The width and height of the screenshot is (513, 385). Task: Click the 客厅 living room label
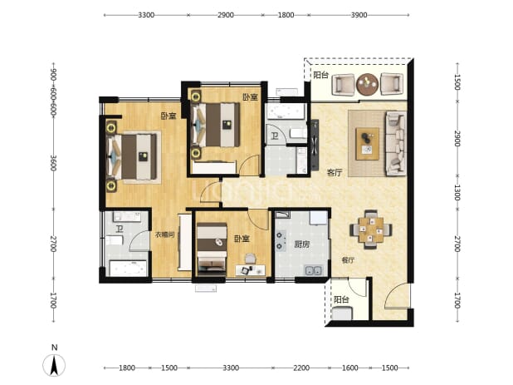pos(335,173)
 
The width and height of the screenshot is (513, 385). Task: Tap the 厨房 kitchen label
pos(301,244)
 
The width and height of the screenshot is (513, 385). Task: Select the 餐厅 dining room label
pos(348,260)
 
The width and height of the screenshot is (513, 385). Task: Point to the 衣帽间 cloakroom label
pos(165,234)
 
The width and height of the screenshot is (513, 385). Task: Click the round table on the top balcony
pos(367,84)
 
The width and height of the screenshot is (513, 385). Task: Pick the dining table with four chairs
pos(371,230)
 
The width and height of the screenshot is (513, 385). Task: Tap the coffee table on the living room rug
pos(368,144)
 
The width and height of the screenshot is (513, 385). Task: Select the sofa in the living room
pos(396,143)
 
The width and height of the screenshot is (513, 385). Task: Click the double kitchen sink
pos(314,270)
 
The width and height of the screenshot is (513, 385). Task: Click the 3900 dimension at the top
pos(359,15)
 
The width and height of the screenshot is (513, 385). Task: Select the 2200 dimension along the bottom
pos(301,368)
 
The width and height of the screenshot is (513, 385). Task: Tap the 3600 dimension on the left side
pos(54,163)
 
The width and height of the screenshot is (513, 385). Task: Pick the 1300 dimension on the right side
pos(457,192)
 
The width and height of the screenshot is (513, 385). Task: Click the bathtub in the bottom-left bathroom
pos(128,268)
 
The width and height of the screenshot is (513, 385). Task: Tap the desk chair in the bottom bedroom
pos(251,259)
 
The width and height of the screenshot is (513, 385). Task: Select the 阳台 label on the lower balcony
pos(341,299)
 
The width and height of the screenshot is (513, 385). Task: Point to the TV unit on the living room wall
pos(315,145)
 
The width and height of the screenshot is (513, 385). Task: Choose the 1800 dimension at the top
pos(286,15)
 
